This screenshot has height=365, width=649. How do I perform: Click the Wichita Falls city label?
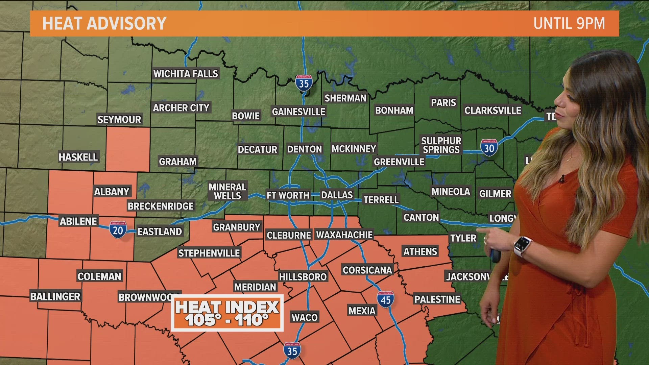click(186, 74)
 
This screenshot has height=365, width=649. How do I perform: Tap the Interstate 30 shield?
click(489, 148)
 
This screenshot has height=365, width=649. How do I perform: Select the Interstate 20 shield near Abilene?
click(118, 230)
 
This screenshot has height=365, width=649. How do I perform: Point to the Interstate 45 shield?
click(386, 299)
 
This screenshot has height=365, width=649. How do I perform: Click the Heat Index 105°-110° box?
click(227, 313)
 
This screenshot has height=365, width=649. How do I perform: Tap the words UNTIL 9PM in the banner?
click(569, 23)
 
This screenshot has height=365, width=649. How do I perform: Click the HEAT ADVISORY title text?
click(104, 23)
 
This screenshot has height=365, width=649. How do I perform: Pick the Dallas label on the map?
click(337, 195)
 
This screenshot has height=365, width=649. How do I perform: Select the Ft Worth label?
click(288, 195)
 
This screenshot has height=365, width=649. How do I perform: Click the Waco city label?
click(305, 317)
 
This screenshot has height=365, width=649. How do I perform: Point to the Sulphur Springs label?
click(441, 145)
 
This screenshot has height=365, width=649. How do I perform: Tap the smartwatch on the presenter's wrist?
click(522, 246)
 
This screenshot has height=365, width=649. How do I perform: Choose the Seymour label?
click(119, 119)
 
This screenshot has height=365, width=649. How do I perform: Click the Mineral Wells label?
click(227, 191)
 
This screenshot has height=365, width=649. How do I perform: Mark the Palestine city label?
click(437, 299)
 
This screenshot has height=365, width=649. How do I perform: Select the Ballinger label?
click(55, 296)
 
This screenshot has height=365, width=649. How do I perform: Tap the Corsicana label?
click(367, 270)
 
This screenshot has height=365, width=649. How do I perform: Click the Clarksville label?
click(492, 111)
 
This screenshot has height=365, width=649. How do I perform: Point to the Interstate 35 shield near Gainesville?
click(304, 83)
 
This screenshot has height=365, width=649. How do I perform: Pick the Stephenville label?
click(209, 253)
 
